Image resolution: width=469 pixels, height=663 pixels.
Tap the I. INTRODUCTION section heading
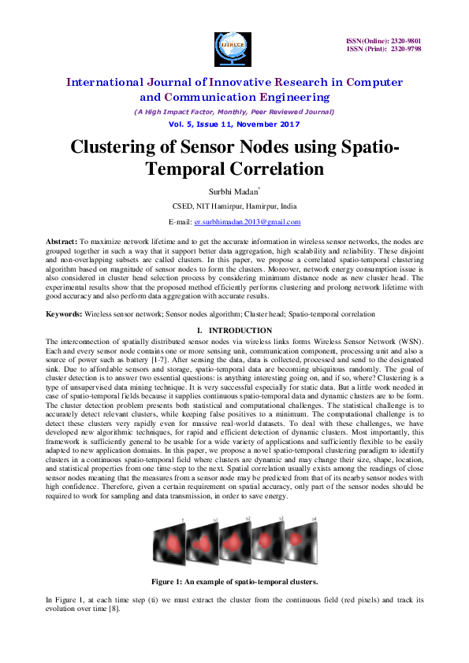[234, 330]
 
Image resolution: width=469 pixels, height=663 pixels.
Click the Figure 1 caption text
[234, 581]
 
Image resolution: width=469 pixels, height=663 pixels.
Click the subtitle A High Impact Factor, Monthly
[234, 113]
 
